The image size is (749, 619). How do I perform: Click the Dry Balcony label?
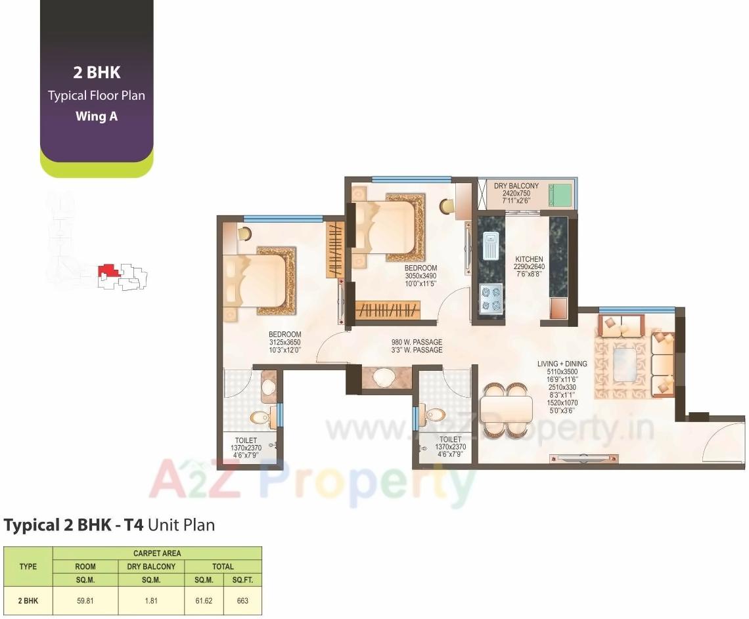pyautogui.click(x=516, y=186)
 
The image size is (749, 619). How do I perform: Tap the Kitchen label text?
pyautogui.click(x=529, y=259)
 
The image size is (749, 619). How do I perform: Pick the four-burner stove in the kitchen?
pyautogui.click(x=490, y=296)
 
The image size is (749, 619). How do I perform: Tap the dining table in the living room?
pyautogui.click(x=506, y=410)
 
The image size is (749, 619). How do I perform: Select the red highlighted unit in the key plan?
pyautogui.click(x=107, y=270)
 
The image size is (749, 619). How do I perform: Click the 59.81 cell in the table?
pyautogui.click(x=85, y=601)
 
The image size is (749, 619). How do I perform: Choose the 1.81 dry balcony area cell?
pyautogui.click(x=151, y=601)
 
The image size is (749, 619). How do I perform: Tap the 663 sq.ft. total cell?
pyautogui.click(x=242, y=601)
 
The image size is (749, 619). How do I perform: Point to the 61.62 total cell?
pyautogui.click(x=204, y=601)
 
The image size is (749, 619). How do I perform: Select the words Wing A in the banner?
pyautogui.click(x=96, y=116)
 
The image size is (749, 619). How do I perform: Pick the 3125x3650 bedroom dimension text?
pyautogui.click(x=284, y=342)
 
